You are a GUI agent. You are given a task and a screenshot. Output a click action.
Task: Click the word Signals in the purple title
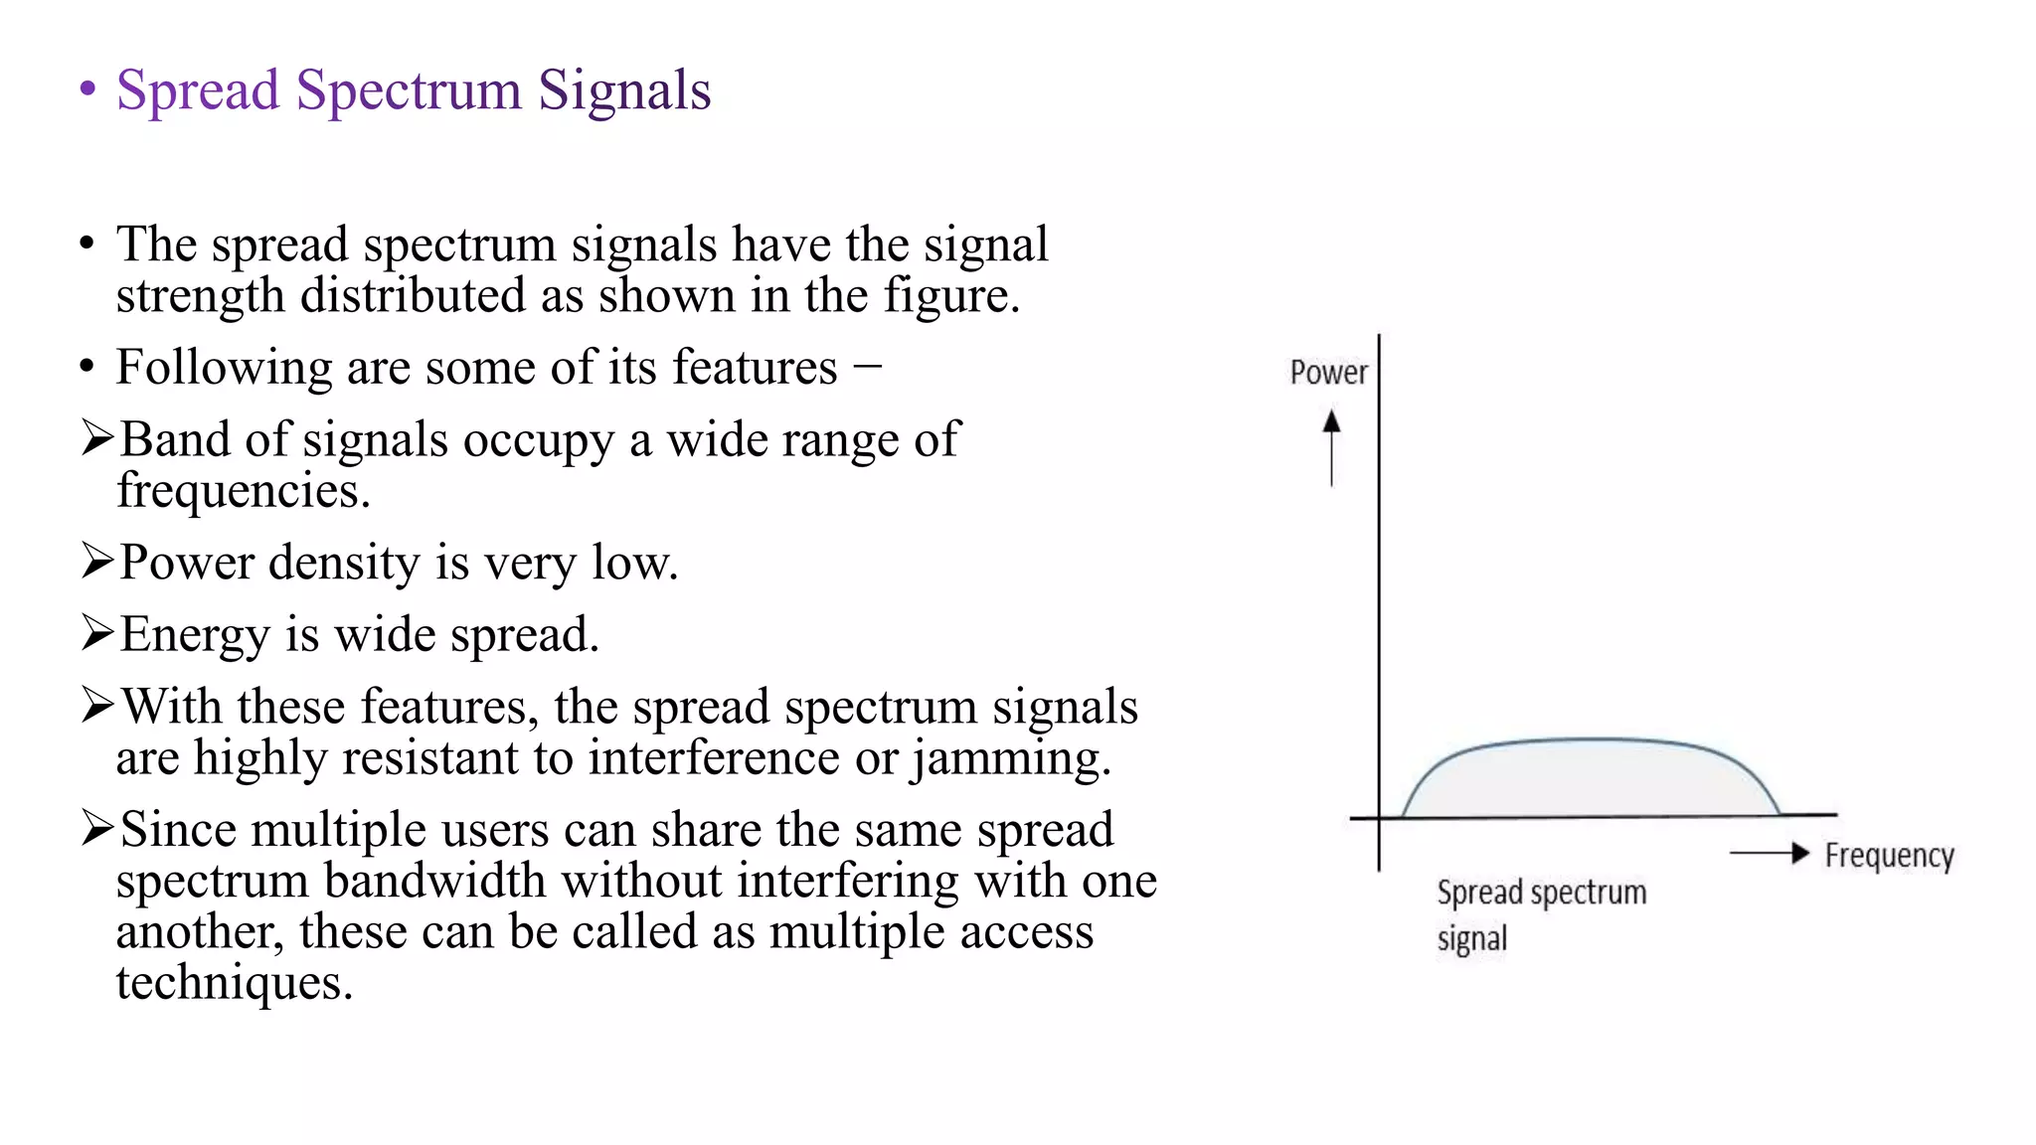tap(624, 91)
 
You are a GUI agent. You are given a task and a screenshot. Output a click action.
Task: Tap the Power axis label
tap(1328, 373)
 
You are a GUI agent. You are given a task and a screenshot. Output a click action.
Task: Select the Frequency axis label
tap(1889, 856)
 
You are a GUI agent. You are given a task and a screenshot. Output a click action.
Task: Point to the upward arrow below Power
tap(1331, 447)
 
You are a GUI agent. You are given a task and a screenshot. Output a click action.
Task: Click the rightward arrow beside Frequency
tap(1770, 853)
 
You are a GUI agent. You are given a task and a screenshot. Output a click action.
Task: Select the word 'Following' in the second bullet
tap(224, 368)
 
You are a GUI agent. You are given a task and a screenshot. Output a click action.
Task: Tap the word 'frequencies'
tap(243, 491)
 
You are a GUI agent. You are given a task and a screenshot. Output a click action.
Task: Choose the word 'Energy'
tap(195, 636)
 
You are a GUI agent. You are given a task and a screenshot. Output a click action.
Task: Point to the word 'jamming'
tap(1010, 759)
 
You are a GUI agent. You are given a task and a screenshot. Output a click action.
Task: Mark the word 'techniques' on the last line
tap(234, 983)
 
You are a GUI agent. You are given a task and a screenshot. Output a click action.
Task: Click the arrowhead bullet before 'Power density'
tap(97, 562)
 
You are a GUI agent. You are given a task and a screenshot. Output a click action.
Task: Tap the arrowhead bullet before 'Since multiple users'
tap(97, 828)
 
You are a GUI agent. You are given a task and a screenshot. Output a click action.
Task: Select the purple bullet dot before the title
tap(87, 89)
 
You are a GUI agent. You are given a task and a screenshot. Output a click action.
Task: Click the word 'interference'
tap(714, 758)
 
